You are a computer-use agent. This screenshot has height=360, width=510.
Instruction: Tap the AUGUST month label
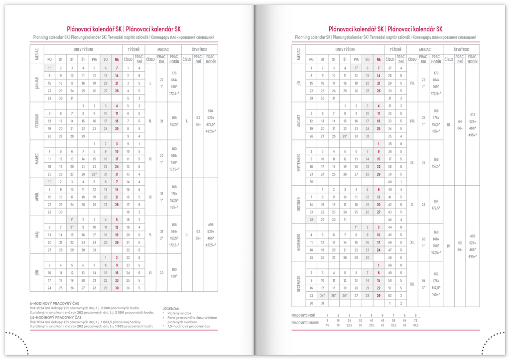298,120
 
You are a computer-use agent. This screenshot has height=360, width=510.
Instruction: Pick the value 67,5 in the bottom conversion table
416,325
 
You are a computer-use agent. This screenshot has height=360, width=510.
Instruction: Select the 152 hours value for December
436,274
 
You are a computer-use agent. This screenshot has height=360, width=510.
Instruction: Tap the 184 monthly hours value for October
436,202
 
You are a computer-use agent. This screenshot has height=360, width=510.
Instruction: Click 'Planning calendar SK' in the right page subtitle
312,37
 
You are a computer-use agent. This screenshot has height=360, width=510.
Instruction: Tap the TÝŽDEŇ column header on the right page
395,50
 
